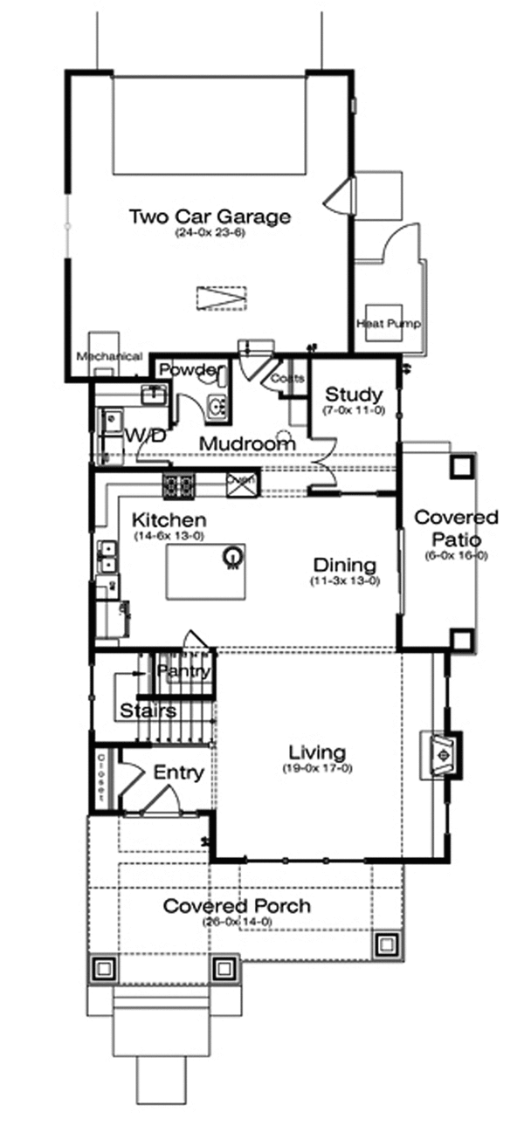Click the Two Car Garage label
click(210, 216)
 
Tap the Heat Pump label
click(389, 324)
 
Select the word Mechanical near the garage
click(109, 356)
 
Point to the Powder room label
click(187, 370)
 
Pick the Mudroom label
click(247, 443)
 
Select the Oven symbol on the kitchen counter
click(239, 484)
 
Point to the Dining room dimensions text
click(344, 581)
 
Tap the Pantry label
click(184, 672)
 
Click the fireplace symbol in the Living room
click(442, 752)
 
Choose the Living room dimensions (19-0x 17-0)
click(317, 769)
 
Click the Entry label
click(179, 772)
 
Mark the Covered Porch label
click(237, 906)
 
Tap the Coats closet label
click(287, 379)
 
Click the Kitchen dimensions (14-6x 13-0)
click(169, 536)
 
